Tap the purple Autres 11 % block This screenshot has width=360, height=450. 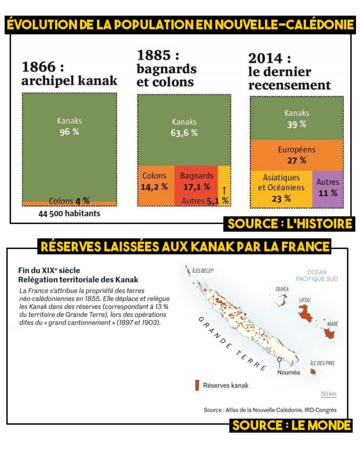coord(327,188)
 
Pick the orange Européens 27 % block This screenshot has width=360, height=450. coord(297,155)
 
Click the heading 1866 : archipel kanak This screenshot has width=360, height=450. coord(69,74)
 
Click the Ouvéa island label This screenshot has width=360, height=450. coord(282,289)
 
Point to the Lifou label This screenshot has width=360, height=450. coord(305,300)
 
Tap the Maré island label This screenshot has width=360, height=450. coord(332,323)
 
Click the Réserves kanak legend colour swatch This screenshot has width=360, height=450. coord(196,385)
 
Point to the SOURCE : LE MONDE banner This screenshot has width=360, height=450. coord(291,425)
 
